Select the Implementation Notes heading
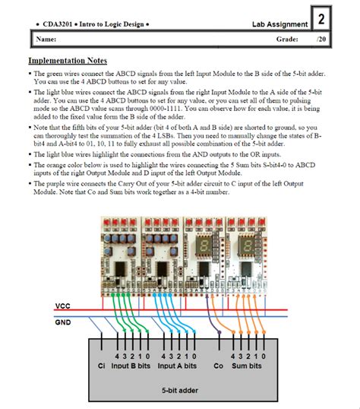click(x=68, y=61)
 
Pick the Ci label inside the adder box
click(x=102, y=366)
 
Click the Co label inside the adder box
click(x=219, y=366)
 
